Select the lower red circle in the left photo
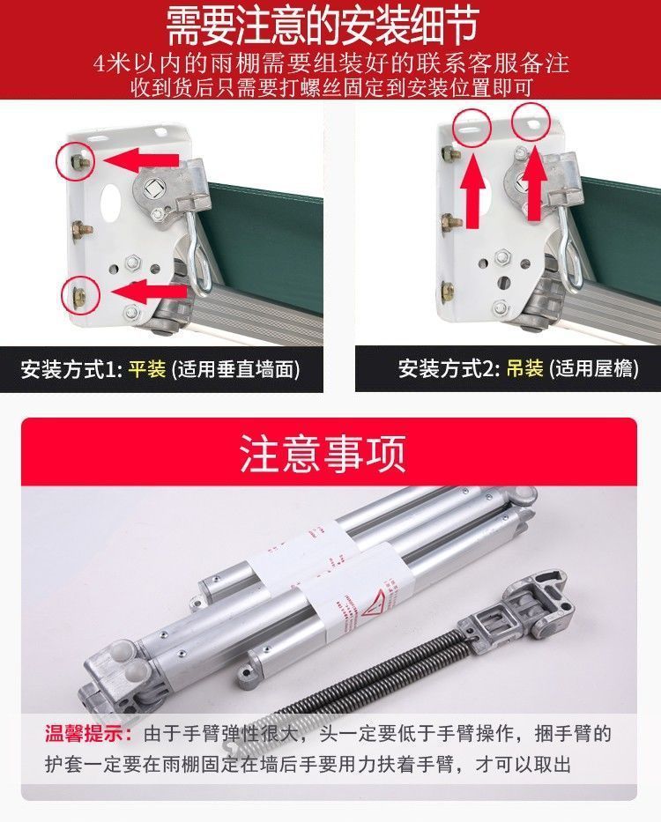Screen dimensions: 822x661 [x=78, y=292]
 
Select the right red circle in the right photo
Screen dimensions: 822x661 [x=532, y=119]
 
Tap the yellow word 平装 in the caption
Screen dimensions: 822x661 [x=147, y=368]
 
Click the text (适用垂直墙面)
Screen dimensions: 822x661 [x=234, y=368]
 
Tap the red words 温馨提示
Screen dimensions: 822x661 [x=85, y=733]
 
